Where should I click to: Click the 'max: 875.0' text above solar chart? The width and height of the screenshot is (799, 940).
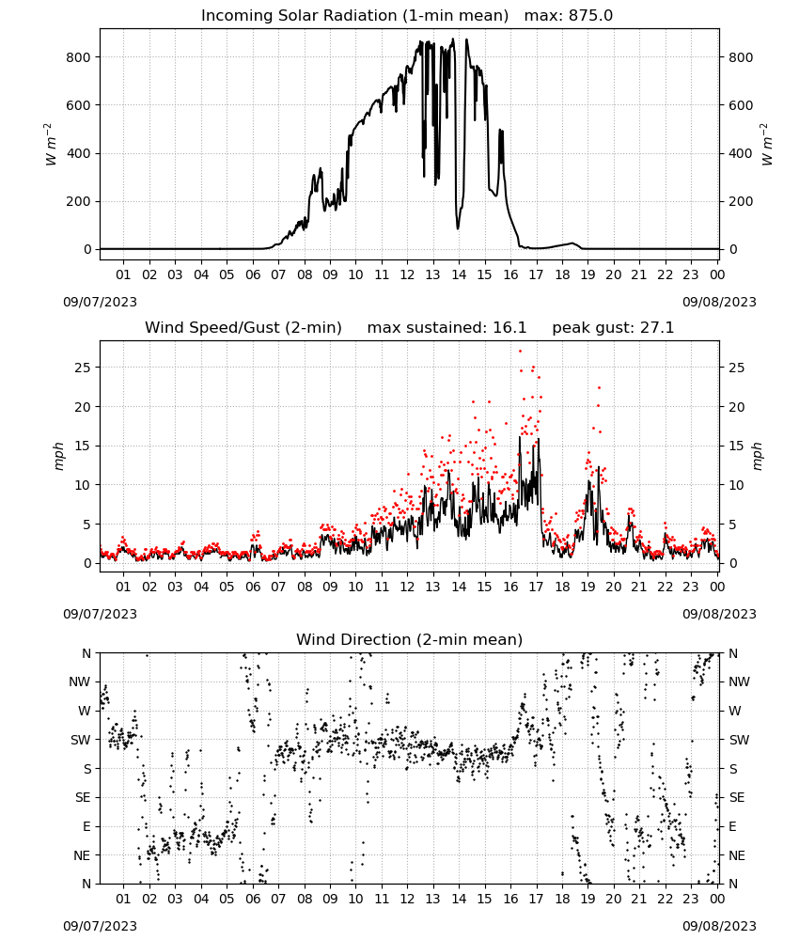click(569, 16)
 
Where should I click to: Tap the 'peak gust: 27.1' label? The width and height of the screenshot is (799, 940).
click(613, 328)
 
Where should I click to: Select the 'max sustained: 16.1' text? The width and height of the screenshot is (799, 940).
click(446, 328)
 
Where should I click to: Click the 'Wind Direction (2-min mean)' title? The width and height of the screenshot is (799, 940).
click(410, 639)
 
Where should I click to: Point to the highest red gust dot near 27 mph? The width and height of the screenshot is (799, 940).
click(520, 352)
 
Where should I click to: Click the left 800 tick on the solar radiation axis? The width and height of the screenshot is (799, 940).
click(79, 57)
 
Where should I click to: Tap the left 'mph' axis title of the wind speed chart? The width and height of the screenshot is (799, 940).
click(58, 456)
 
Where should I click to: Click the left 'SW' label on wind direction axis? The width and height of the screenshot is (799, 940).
click(81, 741)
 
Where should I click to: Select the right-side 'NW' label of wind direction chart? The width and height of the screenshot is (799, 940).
click(739, 682)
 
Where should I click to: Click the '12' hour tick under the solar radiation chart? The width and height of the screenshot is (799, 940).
click(407, 274)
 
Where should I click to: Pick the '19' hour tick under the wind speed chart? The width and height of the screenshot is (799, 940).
click(587, 587)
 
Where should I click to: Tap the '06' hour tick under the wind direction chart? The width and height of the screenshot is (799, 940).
click(252, 899)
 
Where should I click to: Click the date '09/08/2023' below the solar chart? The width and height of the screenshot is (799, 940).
click(719, 302)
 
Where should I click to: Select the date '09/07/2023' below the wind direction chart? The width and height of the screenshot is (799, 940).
click(100, 926)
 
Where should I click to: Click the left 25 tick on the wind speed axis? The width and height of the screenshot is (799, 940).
click(83, 368)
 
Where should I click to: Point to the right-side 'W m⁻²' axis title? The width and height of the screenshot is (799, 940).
click(767, 145)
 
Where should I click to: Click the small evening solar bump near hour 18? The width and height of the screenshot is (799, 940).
click(572, 243)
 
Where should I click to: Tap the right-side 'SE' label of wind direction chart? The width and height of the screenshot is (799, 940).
click(737, 798)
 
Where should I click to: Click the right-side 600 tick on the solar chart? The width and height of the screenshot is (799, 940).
click(741, 105)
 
